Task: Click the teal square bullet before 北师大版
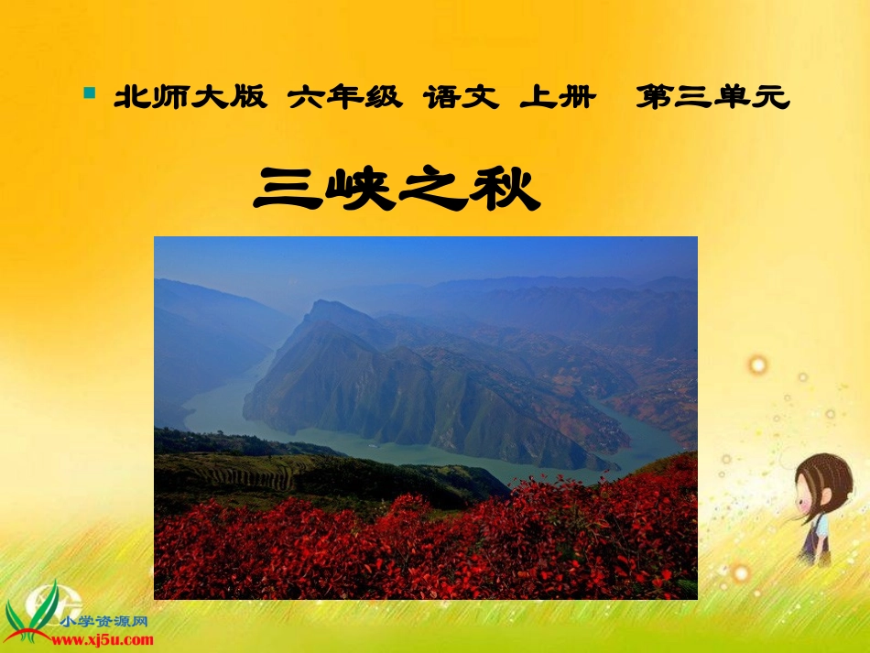click(89, 93)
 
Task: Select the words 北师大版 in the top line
click(190, 98)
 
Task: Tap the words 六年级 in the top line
click(344, 98)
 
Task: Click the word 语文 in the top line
click(461, 98)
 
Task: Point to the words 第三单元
click(712, 98)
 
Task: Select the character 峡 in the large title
click(364, 189)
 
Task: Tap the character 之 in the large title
click(437, 189)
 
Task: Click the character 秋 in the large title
click(506, 189)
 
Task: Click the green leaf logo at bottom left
click(37, 604)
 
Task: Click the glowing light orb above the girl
click(757, 365)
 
